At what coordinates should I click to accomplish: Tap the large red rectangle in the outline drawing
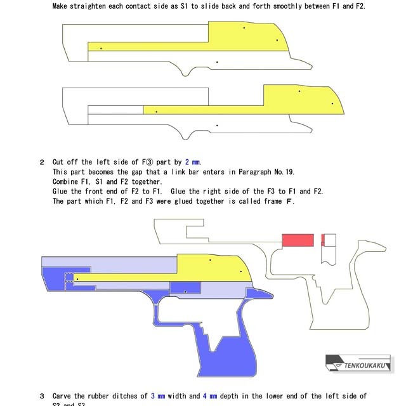pyautogui.click(x=298, y=240)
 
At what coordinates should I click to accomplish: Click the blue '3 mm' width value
pyautogui.click(x=158, y=396)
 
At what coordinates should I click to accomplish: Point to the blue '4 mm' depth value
pyautogui.click(x=210, y=396)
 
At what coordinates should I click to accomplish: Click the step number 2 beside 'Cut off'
pyautogui.click(x=43, y=162)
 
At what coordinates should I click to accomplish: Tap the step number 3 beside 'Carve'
pyautogui.click(x=43, y=396)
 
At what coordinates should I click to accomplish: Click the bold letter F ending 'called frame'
pyautogui.click(x=290, y=202)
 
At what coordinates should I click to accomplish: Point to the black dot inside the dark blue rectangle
pyautogui.click(x=185, y=292)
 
